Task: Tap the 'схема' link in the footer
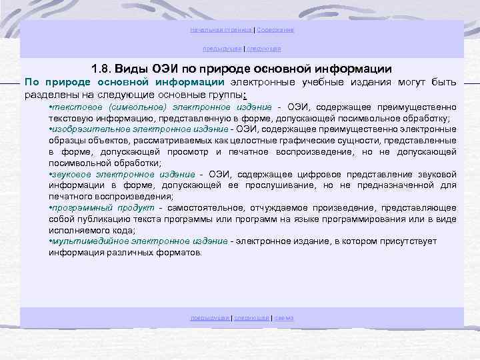[x=283, y=318]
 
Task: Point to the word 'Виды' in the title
[x=136, y=69]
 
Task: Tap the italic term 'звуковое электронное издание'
[x=124, y=175]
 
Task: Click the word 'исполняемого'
[x=77, y=231]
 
